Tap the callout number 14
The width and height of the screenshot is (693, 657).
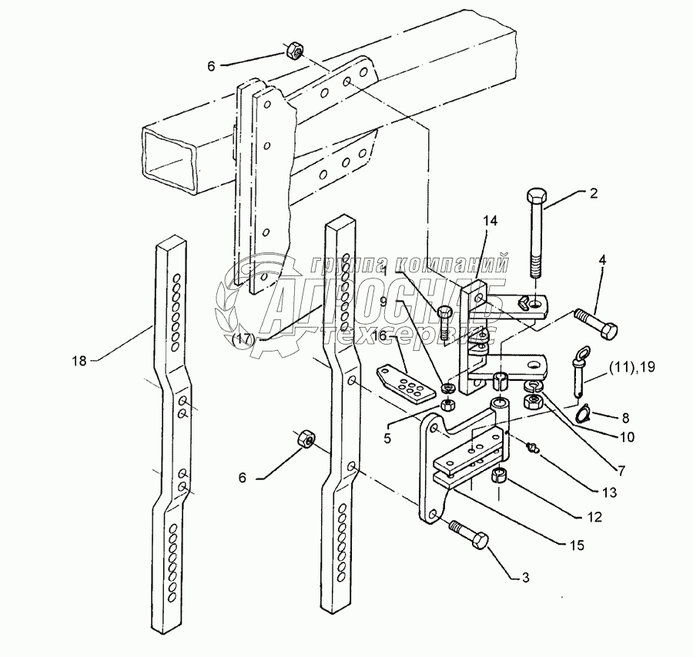point(490,221)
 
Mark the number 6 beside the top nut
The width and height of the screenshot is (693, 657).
point(212,66)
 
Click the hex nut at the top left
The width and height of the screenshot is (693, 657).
point(293,51)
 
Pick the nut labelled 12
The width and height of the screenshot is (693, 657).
point(499,476)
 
